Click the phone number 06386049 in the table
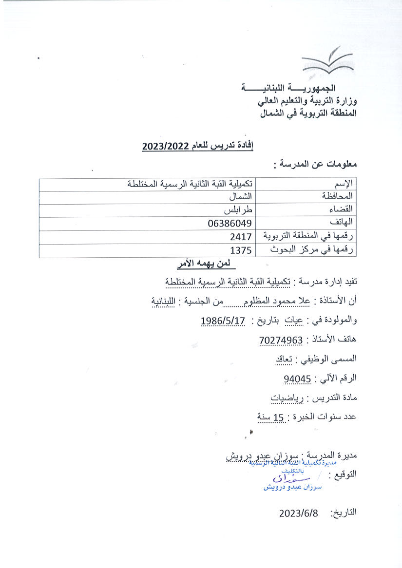[229, 223]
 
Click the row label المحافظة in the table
[337, 196]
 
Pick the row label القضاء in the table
[343, 210]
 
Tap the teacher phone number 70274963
[281, 340]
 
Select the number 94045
[297, 378]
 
